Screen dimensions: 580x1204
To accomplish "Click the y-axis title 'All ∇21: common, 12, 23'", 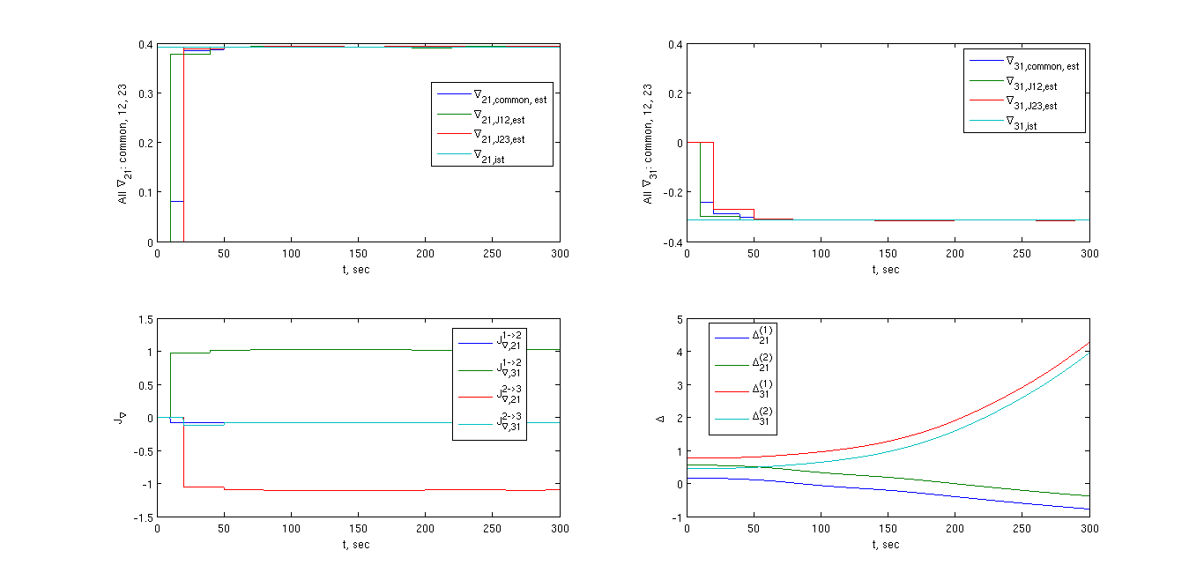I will point(124,144).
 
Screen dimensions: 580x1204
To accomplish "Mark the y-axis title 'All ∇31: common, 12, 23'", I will point(648,144).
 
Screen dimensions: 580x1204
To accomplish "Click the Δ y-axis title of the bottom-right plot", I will point(660,418).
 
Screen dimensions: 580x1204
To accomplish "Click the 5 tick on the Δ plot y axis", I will point(677,319).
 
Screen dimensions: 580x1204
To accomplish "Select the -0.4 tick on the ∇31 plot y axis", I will point(669,242).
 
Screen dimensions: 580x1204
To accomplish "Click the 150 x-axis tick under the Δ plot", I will point(888,527).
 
